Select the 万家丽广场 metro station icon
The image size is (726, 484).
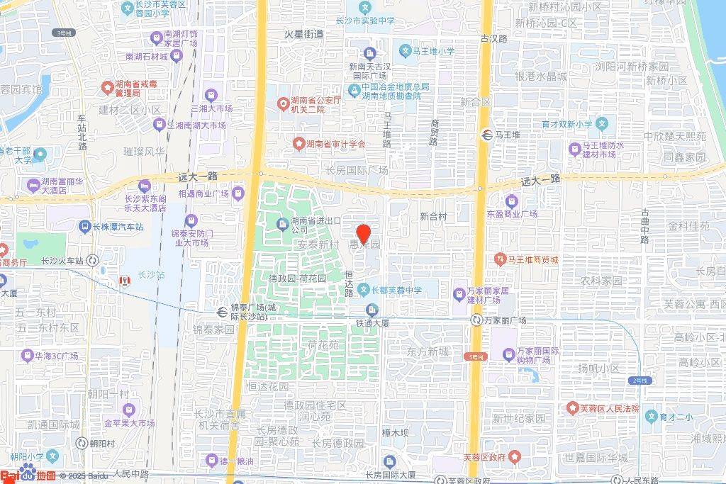[x=479, y=320]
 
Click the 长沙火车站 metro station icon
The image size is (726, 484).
[x=94, y=261]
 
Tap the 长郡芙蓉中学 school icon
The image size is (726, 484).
[x=364, y=289]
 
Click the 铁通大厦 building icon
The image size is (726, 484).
[x=372, y=310]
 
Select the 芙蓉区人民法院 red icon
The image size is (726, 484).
[x=571, y=408]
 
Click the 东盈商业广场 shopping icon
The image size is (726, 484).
[x=512, y=201]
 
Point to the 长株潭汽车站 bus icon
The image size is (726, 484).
[x=84, y=227]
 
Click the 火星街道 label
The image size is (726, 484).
[x=303, y=34]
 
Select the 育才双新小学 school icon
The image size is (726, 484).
[x=602, y=123]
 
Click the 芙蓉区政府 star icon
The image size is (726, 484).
[x=515, y=456]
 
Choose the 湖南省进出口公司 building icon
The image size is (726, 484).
[x=281, y=225]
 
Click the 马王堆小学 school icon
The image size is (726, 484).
[x=405, y=51]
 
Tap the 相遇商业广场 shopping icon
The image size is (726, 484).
[x=239, y=193]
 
